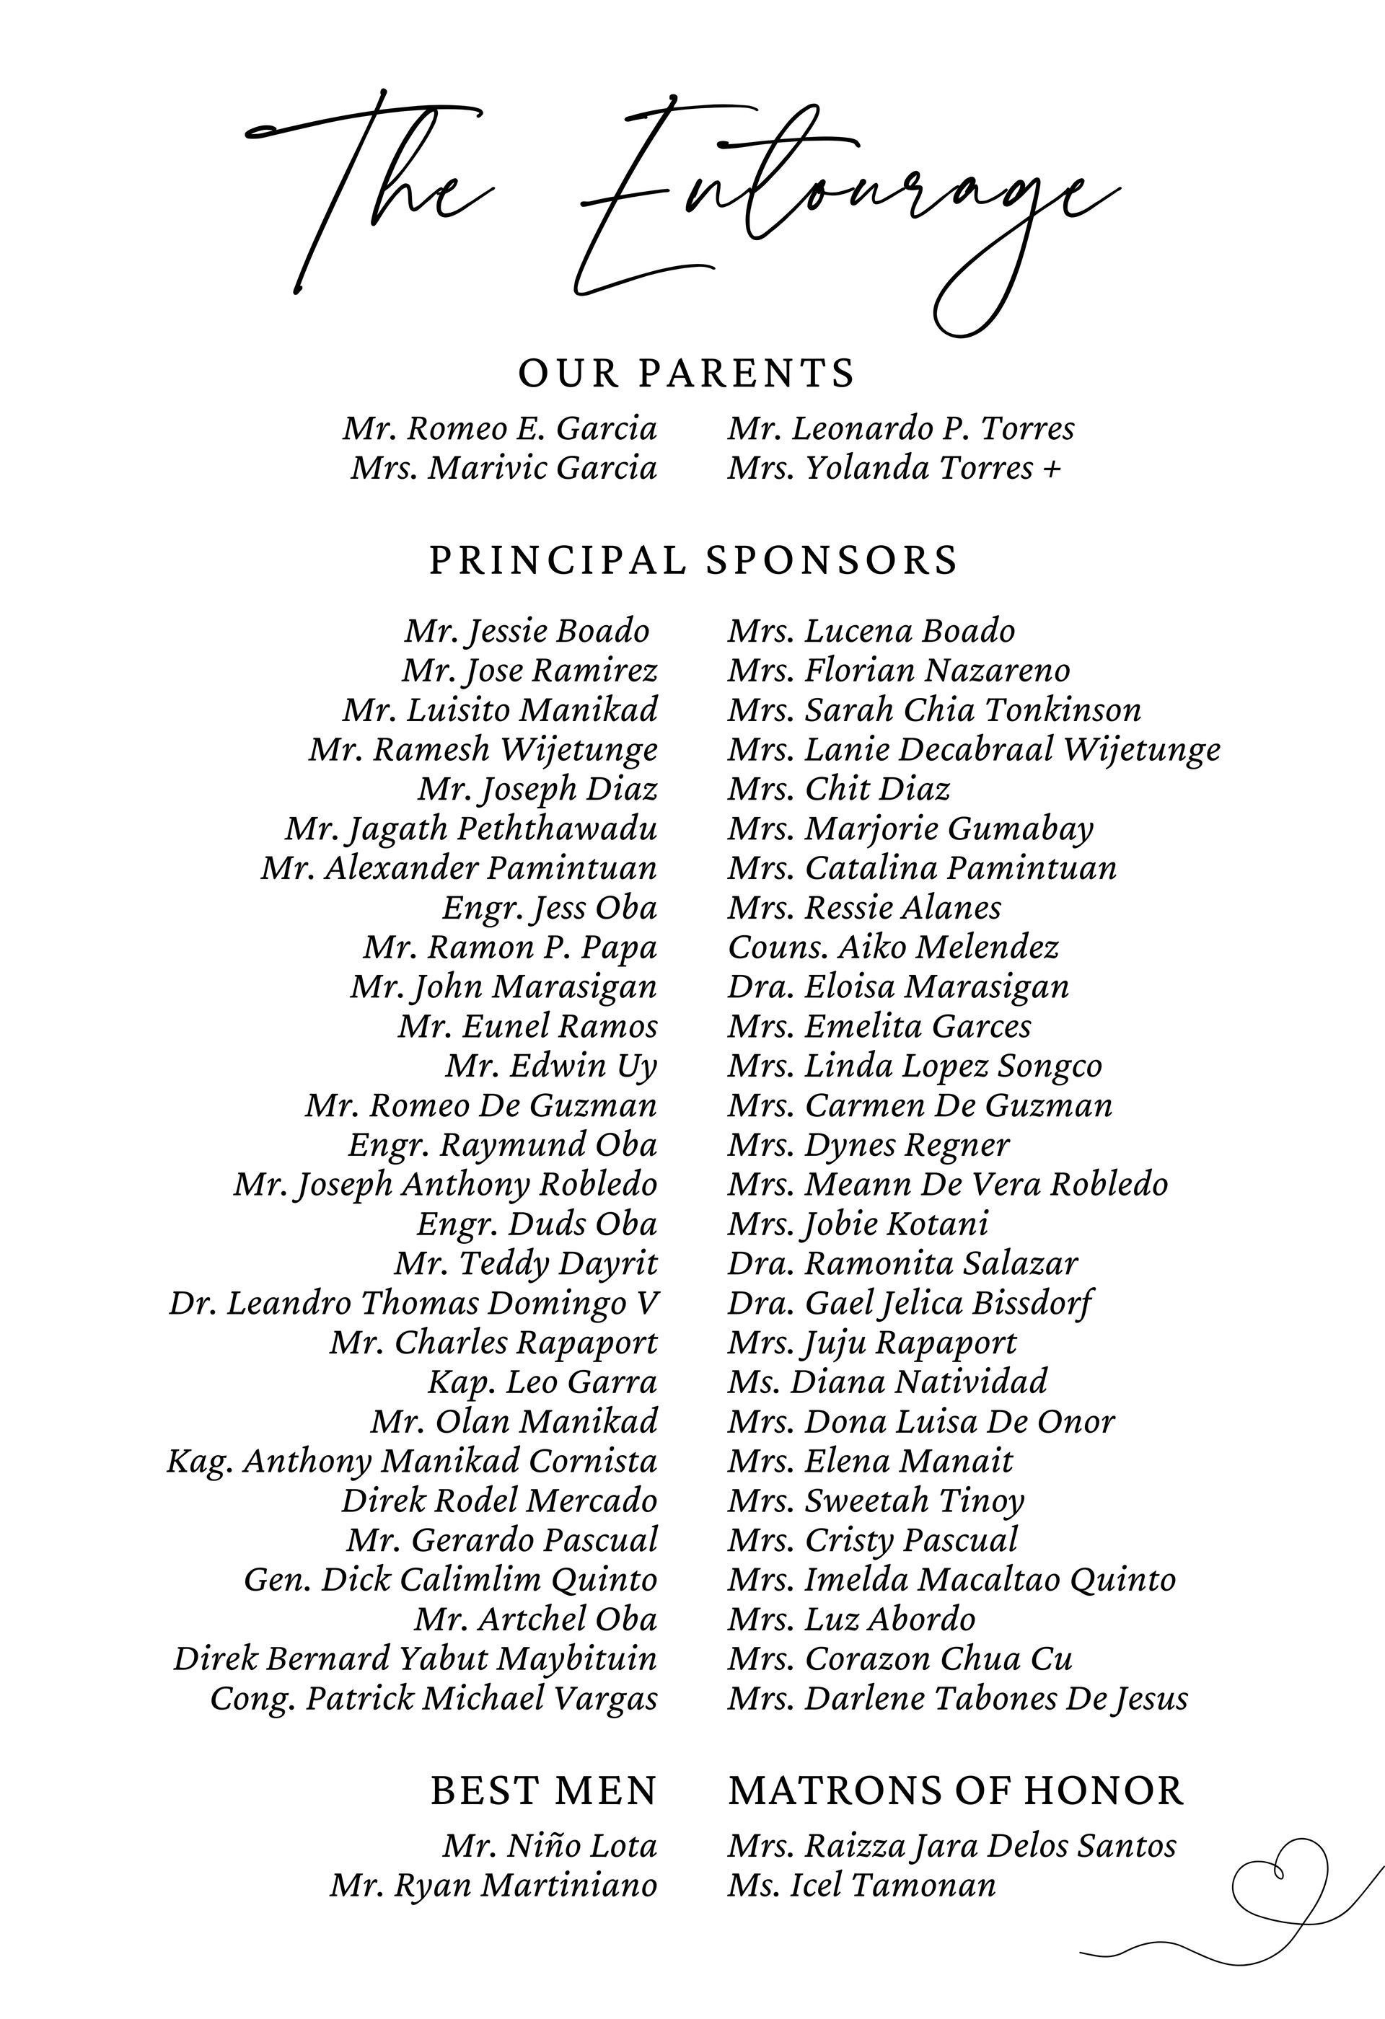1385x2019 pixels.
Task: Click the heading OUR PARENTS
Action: coord(687,374)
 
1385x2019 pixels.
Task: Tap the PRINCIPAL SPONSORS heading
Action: coord(693,560)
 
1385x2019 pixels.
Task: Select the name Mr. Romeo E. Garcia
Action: coord(501,428)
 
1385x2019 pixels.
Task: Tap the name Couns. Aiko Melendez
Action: coord(893,947)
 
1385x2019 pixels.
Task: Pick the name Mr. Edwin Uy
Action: coord(552,1066)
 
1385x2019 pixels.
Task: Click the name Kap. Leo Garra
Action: coord(543,1382)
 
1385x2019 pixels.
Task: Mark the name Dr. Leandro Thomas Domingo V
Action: coord(413,1303)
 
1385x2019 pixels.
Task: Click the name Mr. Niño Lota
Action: coord(550,1846)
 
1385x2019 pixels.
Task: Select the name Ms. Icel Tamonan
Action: coord(862,1885)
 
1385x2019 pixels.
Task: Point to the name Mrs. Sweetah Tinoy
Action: coord(876,1501)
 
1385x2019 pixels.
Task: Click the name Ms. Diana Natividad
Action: coord(887,1382)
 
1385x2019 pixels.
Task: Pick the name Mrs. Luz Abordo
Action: coord(851,1620)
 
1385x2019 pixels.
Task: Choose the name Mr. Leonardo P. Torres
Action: coord(901,428)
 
